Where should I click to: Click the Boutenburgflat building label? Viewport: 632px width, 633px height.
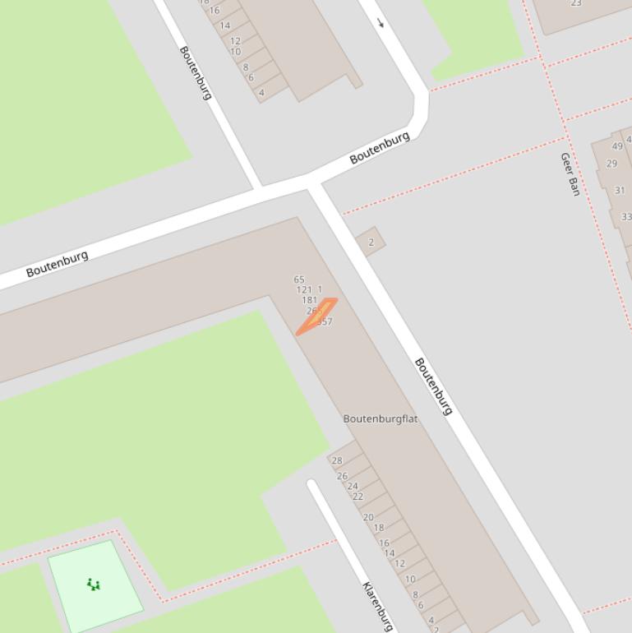point(380,418)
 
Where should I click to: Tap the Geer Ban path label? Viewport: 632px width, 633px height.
point(570,173)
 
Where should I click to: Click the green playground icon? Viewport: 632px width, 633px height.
point(94,584)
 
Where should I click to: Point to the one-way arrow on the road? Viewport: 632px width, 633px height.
point(381,22)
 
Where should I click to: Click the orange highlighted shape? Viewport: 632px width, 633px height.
point(317,316)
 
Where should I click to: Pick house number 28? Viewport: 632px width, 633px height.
point(337,460)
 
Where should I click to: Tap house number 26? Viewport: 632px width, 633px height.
point(342,476)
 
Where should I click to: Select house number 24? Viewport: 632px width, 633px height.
point(353,487)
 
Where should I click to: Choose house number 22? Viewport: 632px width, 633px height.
point(358,497)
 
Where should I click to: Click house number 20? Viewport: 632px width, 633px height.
point(368,517)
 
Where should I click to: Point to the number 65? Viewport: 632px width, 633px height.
point(299,280)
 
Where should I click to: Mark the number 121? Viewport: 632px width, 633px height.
point(304,289)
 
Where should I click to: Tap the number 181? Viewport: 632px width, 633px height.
point(309,300)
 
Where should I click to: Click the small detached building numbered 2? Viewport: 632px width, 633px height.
point(371,242)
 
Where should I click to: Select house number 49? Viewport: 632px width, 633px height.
point(617,146)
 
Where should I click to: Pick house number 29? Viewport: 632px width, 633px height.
point(611,164)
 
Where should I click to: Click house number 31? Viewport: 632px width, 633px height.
point(620,191)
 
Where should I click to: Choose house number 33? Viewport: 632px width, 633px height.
point(626,217)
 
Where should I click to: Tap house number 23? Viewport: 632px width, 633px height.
point(576,3)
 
